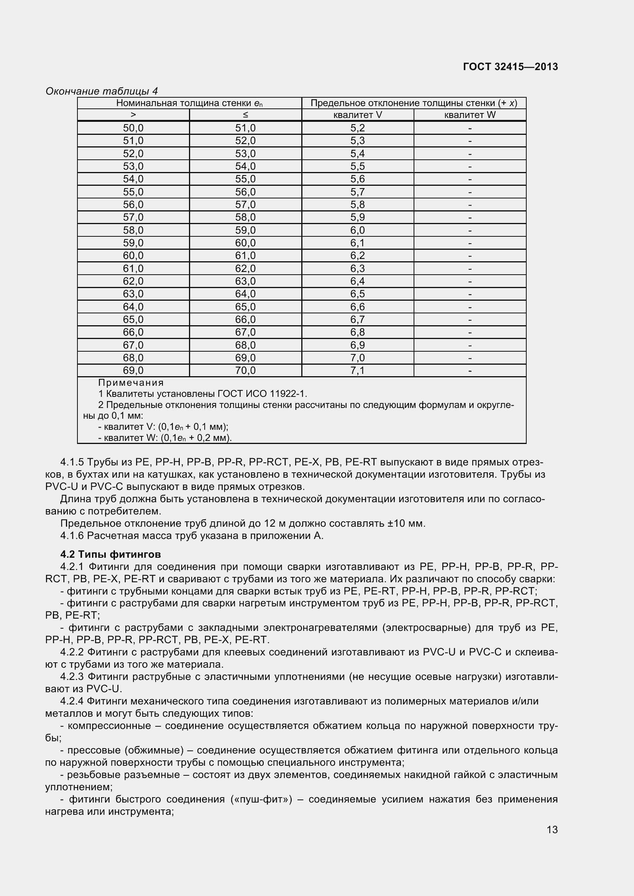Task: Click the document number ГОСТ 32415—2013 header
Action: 510,67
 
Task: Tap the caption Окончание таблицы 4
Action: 102,91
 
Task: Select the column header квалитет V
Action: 358,115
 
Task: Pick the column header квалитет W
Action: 470,115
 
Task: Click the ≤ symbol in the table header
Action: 245,115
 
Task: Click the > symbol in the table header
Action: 133,115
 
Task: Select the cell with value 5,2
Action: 357,128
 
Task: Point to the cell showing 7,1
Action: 357,370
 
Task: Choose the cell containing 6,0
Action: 357,230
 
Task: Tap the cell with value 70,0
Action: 245,370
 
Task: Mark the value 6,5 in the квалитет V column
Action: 357,294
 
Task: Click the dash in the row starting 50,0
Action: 470,128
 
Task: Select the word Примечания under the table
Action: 131,382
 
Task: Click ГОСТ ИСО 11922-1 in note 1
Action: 262,394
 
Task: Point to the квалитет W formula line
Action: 165,438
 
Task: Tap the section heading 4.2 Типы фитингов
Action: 110,554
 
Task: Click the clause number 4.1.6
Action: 72,536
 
